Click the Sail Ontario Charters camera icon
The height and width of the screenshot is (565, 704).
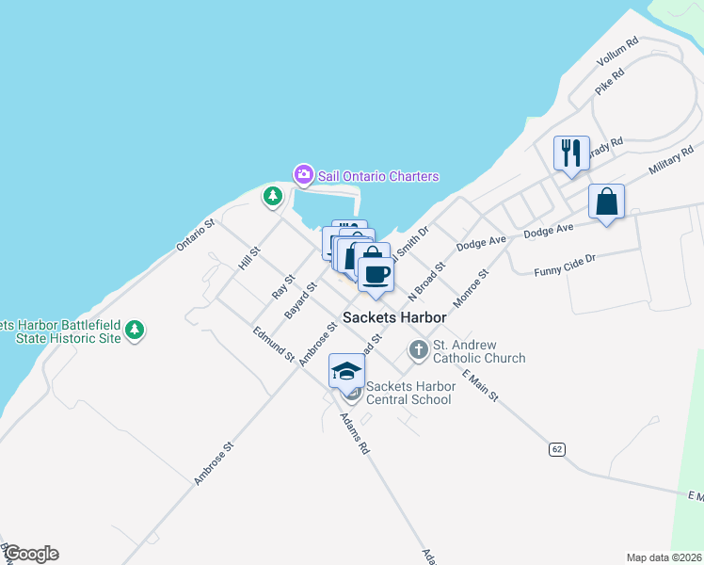[x=303, y=174]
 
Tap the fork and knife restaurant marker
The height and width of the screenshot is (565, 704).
[x=570, y=153]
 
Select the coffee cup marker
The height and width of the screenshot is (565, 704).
[x=376, y=274]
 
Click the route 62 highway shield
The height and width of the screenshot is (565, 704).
[x=558, y=449]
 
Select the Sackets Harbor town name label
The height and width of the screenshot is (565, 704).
[x=393, y=317]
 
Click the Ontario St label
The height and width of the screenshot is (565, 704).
[x=196, y=235]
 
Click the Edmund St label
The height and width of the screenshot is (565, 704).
[x=274, y=344]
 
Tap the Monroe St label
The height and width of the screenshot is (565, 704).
[x=472, y=288]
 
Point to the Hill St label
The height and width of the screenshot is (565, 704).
[x=248, y=258]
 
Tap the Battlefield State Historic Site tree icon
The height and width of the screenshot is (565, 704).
[x=136, y=330]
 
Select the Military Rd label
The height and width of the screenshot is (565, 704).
[x=672, y=161]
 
